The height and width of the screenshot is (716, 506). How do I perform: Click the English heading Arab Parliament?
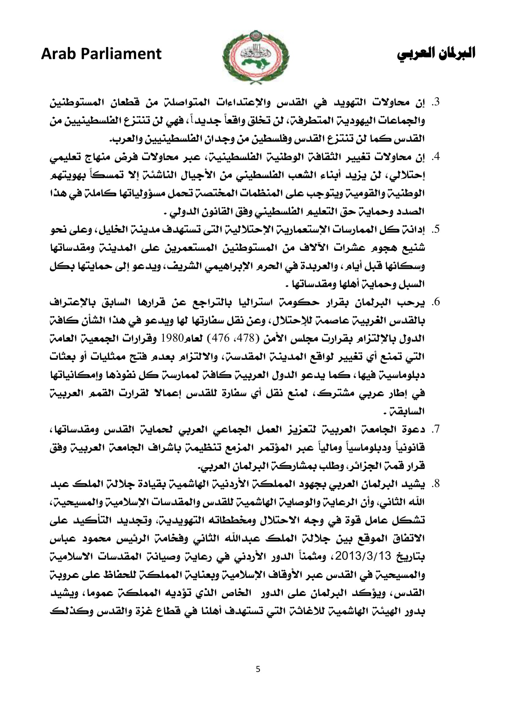(x=101, y=54)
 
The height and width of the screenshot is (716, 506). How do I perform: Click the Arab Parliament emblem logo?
(x=255, y=57)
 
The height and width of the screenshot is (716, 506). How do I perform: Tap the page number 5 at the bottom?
(x=258, y=669)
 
